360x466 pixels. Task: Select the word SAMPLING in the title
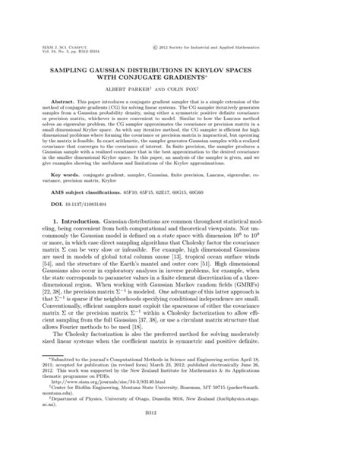point(91,68)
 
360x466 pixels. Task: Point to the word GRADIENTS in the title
point(216,76)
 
